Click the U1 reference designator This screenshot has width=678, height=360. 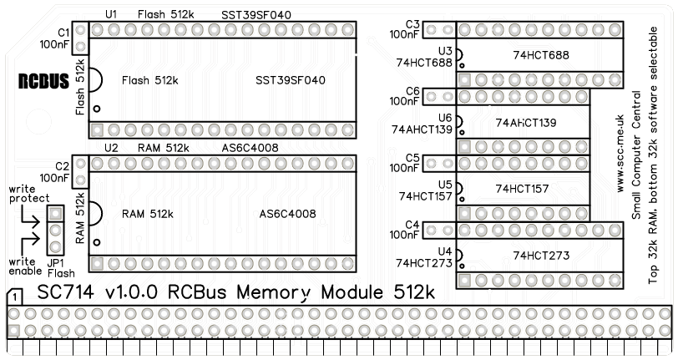point(111,16)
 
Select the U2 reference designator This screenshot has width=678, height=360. point(111,148)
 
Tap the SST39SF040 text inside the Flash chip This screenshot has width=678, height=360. point(291,80)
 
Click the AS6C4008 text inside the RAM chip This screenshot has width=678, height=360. point(287,214)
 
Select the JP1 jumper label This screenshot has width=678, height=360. point(56,263)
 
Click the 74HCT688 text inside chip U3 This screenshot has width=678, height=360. point(540,55)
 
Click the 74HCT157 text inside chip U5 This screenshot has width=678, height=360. point(522,189)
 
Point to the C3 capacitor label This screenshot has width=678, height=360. point(412,23)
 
